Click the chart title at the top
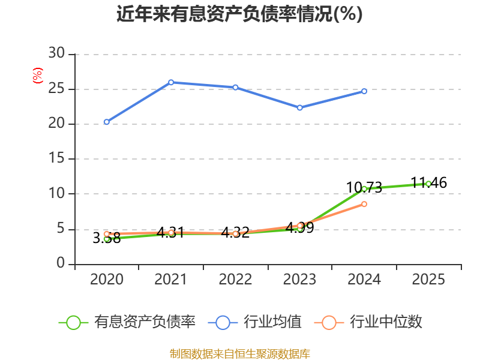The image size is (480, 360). pyautogui.click(x=239, y=14)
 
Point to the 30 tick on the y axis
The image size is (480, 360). pyautogui.click(x=56, y=53)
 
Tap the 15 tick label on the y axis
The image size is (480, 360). pyautogui.click(x=56, y=158)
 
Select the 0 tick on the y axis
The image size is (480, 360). pyautogui.click(x=61, y=263)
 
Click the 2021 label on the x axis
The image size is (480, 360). pyautogui.click(x=170, y=279)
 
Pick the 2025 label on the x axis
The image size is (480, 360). pyautogui.click(x=428, y=279)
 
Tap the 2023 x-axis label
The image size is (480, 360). pyautogui.click(x=299, y=279)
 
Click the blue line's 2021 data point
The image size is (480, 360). pyautogui.click(x=171, y=82)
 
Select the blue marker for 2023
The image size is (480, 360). pyautogui.click(x=299, y=108)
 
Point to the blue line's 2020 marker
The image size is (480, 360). pyautogui.click(x=107, y=122)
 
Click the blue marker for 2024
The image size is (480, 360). pyautogui.click(x=364, y=91)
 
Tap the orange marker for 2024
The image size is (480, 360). pyautogui.click(x=364, y=204)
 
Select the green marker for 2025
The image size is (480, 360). pyautogui.click(x=428, y=184)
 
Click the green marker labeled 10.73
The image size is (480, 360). pyautogui.click(x=364, y=189)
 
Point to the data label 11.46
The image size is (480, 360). pyautogui.click(x=428, y=183)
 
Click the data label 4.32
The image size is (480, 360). pyautogui.click(x=235, y=233)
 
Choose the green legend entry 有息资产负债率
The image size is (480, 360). pyautogui.click(x=127, y=322)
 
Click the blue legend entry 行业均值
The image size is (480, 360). pyautogui.click(x=254, y=322)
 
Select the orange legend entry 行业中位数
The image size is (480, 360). pyautogui.click(x=368, y=322)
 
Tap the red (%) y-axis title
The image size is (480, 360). pyautogui.click(x=38, y=76)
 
